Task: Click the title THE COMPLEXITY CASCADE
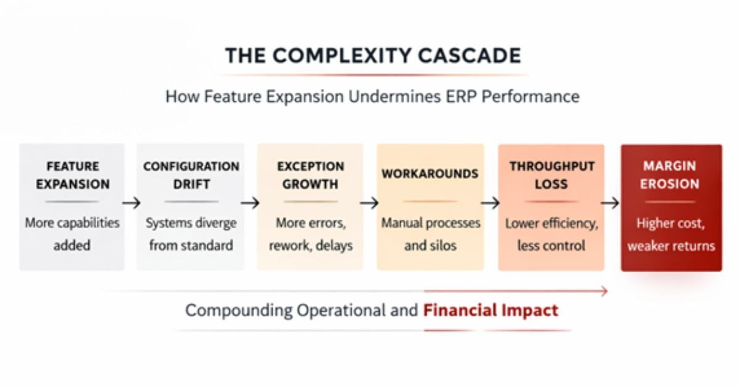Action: tap(372, 56)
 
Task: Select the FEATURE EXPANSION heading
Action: tap(72, 175)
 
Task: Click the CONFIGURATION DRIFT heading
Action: tap(191, 175)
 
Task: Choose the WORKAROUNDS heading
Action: tap(430, 174)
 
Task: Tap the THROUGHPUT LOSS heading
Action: tap(551, 175)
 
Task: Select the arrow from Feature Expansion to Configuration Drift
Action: tap(131, 203)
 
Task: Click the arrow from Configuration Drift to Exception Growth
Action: tap(250, 203)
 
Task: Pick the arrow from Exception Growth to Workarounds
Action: tap(369, 203)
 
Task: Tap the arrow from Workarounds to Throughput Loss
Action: tap(490, 203)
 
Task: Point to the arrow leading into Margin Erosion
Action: tap(610, 203)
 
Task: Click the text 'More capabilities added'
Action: tap(72, 234)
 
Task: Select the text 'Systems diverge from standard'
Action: tap(191, 234)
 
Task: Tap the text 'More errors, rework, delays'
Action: tap(310, 234)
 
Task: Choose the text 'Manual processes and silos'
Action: tap(430, 234)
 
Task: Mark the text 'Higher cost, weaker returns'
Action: tap(671, 234)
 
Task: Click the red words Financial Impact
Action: tap(490, 310)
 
